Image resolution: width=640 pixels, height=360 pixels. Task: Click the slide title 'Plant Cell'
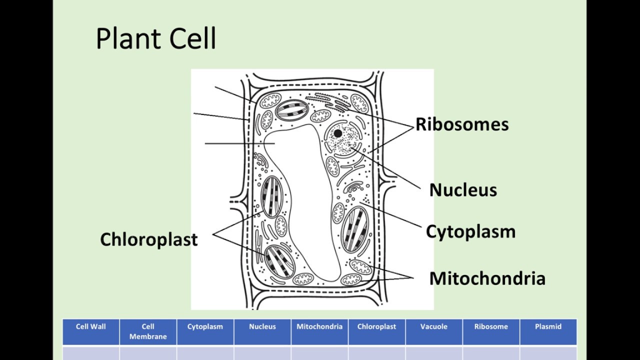pos(155,39)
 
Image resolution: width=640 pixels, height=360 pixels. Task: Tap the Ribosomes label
pos(462,124)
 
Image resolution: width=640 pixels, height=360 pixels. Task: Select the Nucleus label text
pos(463,190)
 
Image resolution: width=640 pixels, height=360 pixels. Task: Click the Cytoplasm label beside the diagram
pos(470,232)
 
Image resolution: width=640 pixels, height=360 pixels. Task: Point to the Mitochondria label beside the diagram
pos(487,278)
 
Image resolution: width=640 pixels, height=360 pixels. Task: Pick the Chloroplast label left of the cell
pos(149,239)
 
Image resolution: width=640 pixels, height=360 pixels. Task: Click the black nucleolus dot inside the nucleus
pos(338,133)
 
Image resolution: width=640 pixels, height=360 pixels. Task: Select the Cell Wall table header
pos(90,327)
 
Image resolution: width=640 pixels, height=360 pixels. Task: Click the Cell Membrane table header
pos(148,331)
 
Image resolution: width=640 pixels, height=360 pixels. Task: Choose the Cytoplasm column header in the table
pos(205,327)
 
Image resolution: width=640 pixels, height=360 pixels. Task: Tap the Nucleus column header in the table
pos(262,327)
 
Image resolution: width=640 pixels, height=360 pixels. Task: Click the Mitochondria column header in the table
pos(319,327)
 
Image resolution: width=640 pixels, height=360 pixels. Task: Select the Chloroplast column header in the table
pos(376,327)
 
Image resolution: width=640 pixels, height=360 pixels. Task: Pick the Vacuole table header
pos(434,327)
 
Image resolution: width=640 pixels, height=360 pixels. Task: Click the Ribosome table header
pos(491,327)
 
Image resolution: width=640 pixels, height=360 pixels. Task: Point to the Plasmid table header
pos(548,327)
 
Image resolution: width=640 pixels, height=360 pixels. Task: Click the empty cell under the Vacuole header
pos(434,353)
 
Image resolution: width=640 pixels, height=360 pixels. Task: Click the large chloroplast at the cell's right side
pos(355,229)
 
